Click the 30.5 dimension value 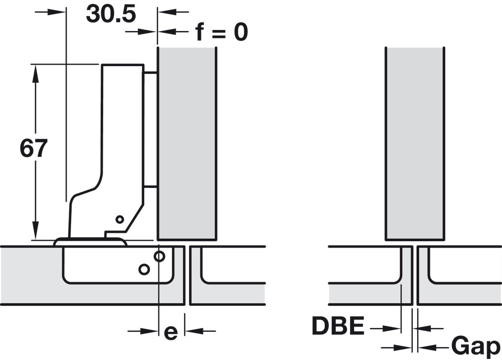point(111,14)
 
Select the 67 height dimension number point(34,148)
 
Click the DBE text point(338,326)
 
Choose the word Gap point(475,346)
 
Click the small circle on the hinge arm point(119,219)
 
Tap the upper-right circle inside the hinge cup point(159,256)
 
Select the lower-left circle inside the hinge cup point(144,269)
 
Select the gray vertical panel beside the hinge point(187,143)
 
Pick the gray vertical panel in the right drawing point(414,143)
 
